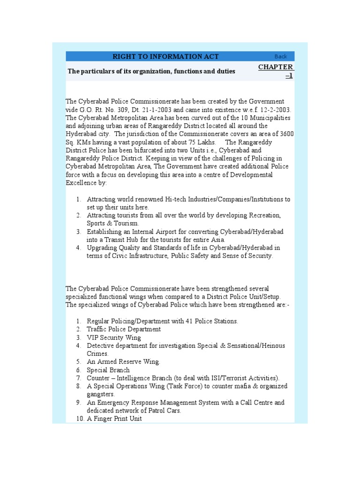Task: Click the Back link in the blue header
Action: (x=281, y=57)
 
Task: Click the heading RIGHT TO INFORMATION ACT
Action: (x=165, y=57)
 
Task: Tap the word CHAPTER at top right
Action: (x=276, y=67)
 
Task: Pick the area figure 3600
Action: (x=285, y=134)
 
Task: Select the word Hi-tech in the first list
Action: (x=177, y=199)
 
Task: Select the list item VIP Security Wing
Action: (x=114, y=337)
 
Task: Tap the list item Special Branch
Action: (x=108, y=370)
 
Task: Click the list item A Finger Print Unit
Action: (x=114, y=419)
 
